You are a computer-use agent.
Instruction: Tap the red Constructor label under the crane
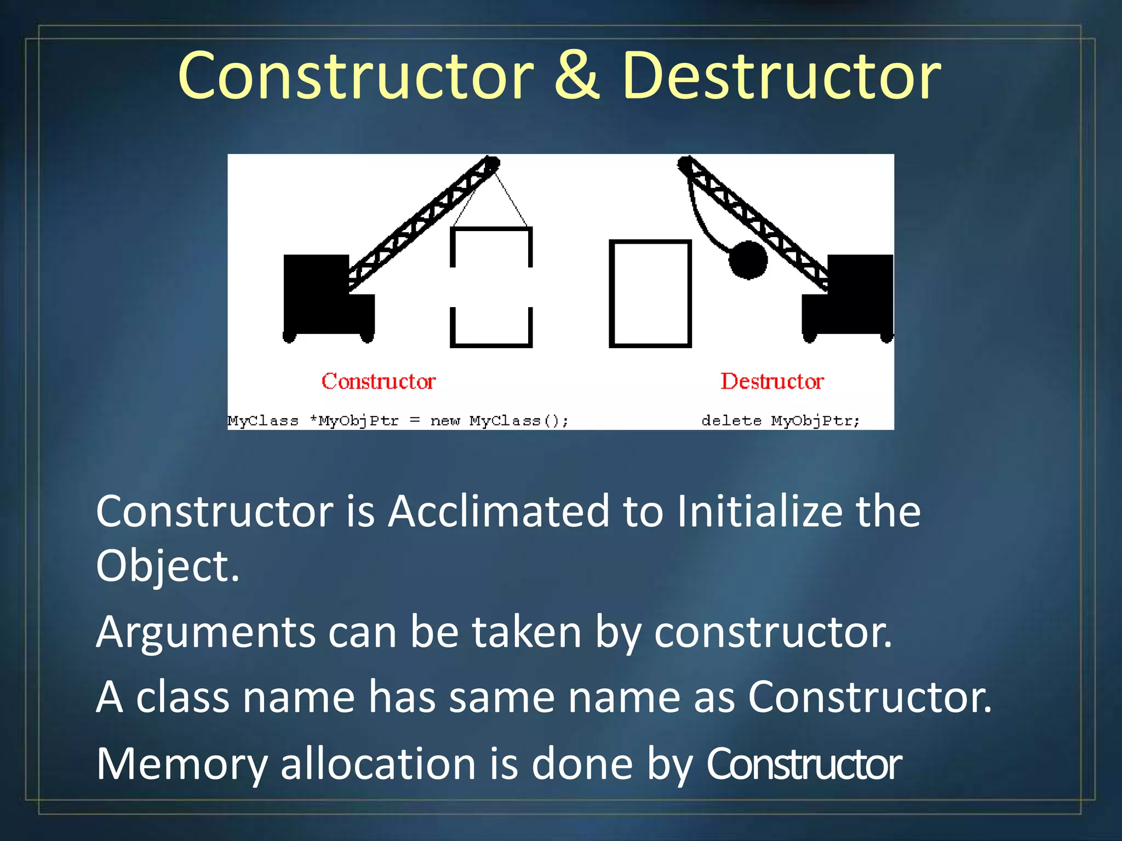379,381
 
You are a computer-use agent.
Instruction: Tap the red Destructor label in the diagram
772,381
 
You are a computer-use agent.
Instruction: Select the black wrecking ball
748,260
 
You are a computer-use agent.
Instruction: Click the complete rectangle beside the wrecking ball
650,293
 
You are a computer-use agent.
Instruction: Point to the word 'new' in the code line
445,420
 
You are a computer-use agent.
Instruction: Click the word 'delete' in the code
731,420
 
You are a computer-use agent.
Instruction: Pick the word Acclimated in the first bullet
499,511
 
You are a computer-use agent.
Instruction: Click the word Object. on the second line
168,566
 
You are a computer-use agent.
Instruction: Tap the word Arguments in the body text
205,632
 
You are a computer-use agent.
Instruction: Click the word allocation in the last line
378,764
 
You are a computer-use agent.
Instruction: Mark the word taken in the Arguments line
526,632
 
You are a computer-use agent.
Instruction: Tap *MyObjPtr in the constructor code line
354,420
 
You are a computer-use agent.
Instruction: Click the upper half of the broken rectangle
491,246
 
